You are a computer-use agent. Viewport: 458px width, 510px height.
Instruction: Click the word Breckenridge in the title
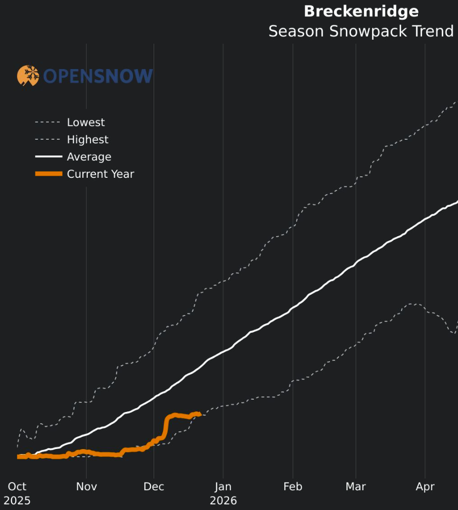361,12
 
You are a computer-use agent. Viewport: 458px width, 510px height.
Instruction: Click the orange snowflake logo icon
28,76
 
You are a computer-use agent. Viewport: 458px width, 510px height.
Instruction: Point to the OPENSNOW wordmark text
98,76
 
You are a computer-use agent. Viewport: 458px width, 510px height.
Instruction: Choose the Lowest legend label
86,122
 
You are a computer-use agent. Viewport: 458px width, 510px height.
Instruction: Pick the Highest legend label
87,140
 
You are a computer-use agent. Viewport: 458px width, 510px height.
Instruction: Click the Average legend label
89,157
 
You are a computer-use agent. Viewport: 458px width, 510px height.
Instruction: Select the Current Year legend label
101,174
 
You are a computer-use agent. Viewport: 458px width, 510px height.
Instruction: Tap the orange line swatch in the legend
48,174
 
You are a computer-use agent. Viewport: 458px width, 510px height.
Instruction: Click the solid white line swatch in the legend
48,157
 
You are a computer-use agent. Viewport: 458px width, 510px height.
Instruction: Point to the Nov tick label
86,487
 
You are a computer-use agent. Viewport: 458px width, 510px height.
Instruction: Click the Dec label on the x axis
154,487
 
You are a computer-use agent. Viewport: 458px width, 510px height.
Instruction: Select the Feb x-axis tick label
293,487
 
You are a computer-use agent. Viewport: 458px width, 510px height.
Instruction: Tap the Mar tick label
355,487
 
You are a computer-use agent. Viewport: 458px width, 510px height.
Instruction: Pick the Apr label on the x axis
425,487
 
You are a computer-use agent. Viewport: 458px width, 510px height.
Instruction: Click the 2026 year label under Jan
223,501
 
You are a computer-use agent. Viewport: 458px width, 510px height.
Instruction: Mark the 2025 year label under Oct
17,501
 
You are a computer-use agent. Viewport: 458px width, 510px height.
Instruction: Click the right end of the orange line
200,414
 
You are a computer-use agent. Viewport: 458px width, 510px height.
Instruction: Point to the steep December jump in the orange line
166,427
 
